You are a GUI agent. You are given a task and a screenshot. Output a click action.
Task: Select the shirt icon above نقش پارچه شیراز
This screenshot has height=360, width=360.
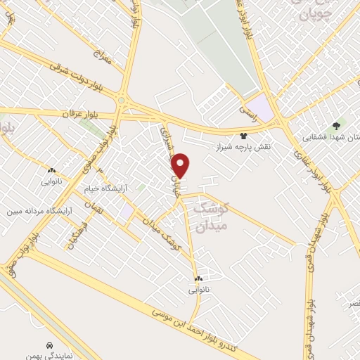[x=243, y=136]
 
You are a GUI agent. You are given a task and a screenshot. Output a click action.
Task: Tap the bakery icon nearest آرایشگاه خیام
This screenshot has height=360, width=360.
[x=51, y=170]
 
